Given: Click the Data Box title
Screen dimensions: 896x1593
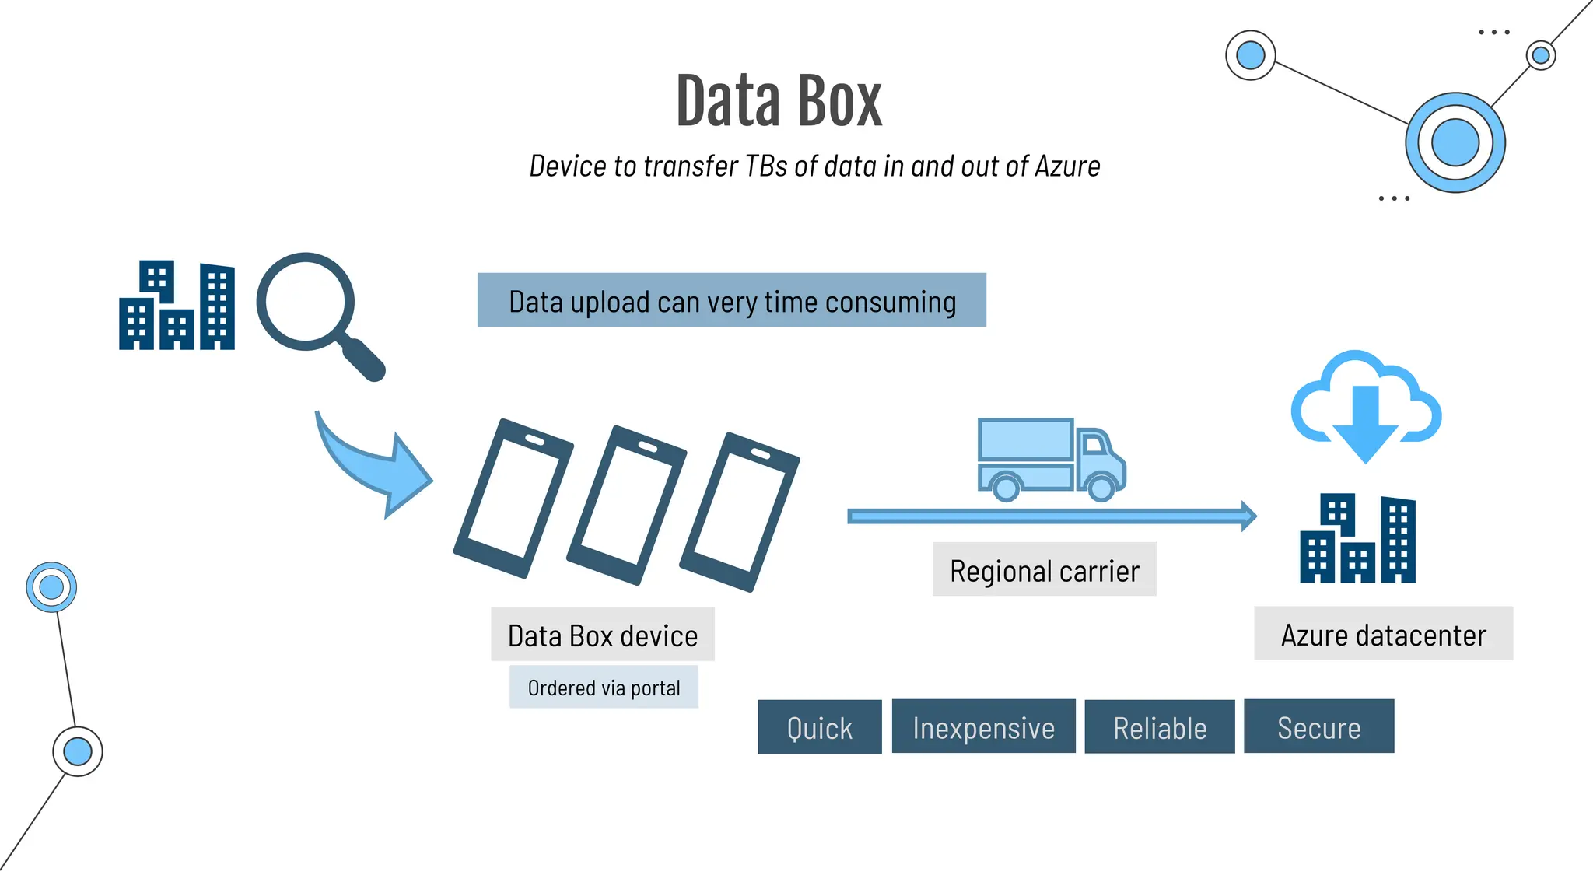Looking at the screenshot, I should pyautogui.click(x=779, y=101).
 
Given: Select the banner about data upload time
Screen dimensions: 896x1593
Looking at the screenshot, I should pyautogui.click(x=731, y=300).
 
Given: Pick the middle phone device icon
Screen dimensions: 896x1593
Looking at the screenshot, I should pyautogui.click(x=626, y=506).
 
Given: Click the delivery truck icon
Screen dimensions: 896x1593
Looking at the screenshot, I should pyautogui.click(x=1050, y=459).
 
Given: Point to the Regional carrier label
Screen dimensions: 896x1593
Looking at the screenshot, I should pyautogui.click(x=1044, y=570).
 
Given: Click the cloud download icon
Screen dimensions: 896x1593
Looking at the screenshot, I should pyautogui.click(x=1365, y=404).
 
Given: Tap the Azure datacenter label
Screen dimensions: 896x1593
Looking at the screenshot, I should pyautogui.click(x=1383, y=635).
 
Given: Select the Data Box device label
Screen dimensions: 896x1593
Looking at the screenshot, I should pyautogui.click(x=603, y=635).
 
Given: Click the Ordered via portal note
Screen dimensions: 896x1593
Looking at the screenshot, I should pyautogui.click(x=604, y=688).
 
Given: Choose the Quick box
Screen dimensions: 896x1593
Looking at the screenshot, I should pyautogui.click(x=820, y=728).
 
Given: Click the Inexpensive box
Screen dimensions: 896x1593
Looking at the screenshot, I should pyautogui.click(x=983, y=728).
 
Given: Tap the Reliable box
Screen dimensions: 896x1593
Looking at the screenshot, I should pyautogui.click(x=1160, y=728).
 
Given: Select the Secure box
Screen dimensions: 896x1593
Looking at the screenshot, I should pyautogui.click(x=1318, y=728).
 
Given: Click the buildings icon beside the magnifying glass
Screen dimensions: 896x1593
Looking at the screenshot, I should pyautogui.click(x=177, y=306).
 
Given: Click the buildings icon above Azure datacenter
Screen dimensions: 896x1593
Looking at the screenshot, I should pyautogui.click(x=1357, y=538).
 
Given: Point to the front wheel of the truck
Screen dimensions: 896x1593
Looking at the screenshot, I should pyautogui.click(x=1101, y=488).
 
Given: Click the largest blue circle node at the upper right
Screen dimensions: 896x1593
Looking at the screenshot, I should pyautogui.click(x=1455, y=143).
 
